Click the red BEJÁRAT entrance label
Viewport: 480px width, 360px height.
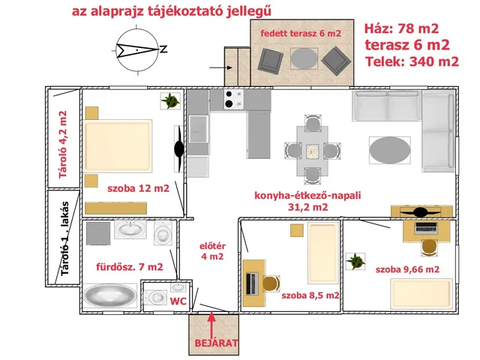216,343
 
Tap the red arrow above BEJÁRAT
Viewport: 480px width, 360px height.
211,325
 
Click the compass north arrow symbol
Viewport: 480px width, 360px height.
137,50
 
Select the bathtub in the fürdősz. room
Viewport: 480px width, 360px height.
110,295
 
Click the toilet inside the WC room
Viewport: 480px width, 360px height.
155,297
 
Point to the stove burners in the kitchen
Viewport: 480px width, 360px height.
233,99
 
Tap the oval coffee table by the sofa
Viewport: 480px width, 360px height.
390,150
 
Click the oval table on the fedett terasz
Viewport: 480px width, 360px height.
304,58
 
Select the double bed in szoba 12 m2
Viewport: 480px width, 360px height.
118,145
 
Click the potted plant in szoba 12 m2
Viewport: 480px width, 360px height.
170,100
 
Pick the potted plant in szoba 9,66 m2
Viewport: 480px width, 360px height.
355,261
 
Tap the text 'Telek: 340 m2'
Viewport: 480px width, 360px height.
412,61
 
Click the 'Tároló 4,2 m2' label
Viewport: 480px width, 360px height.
63,145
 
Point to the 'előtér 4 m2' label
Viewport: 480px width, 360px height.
212,251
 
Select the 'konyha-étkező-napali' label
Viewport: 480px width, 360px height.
307,195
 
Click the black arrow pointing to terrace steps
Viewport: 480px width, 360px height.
221,67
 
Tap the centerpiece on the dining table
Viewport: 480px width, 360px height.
313,151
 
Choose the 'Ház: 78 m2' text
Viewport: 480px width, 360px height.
402,28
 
